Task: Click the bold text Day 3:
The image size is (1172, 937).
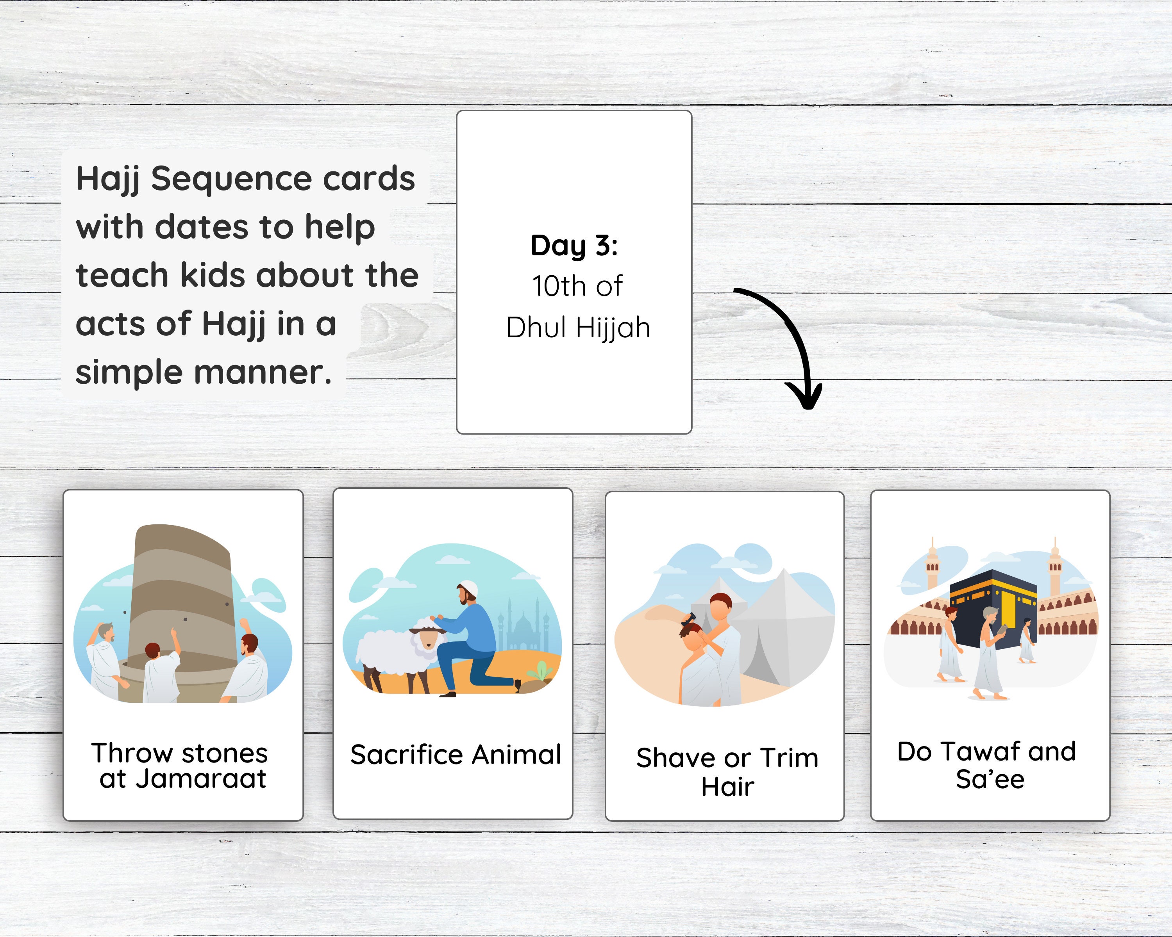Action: click(x=574, y=246)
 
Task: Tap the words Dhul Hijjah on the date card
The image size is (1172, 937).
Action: click(x=578, y=328)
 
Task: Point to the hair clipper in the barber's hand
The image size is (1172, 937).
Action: click(x=689, y=619)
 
